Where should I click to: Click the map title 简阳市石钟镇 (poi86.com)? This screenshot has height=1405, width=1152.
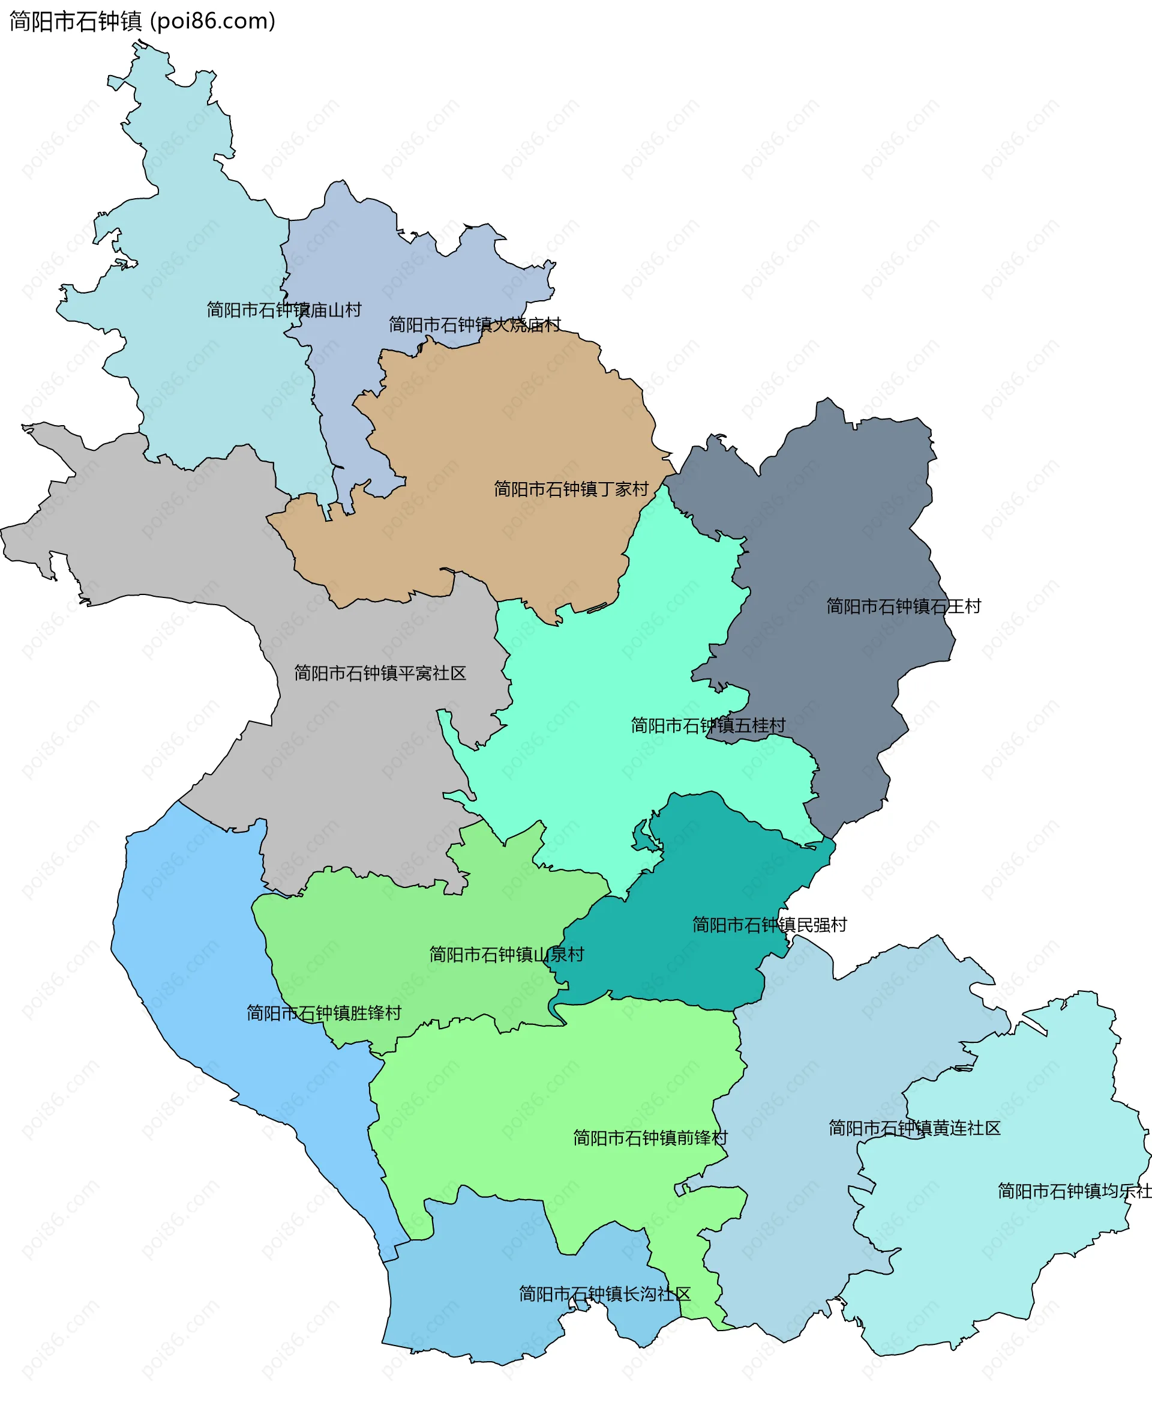[142, 21]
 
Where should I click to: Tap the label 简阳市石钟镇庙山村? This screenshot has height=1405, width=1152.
[283, 310]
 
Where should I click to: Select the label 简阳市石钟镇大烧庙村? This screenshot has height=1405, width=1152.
[475, 325]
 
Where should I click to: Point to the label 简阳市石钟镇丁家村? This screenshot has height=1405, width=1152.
[571, 489]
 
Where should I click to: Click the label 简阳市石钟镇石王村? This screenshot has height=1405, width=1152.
[903, 606]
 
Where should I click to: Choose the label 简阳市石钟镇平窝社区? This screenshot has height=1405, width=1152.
[380, 673]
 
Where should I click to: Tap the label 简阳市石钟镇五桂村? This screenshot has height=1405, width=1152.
[707, 726]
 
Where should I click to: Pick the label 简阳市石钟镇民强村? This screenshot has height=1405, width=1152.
[769, 925]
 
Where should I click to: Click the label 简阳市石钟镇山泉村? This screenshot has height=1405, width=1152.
[506, 955]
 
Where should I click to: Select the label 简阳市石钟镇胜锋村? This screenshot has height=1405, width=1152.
[324, 1014]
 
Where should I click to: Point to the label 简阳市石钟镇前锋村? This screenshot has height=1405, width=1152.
[650, 1138]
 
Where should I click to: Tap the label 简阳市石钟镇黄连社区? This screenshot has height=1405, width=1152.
[914, 1128]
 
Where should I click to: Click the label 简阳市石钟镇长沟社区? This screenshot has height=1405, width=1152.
[605, 1294]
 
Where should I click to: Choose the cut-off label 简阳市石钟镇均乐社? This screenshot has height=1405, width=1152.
[1073, 1191]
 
